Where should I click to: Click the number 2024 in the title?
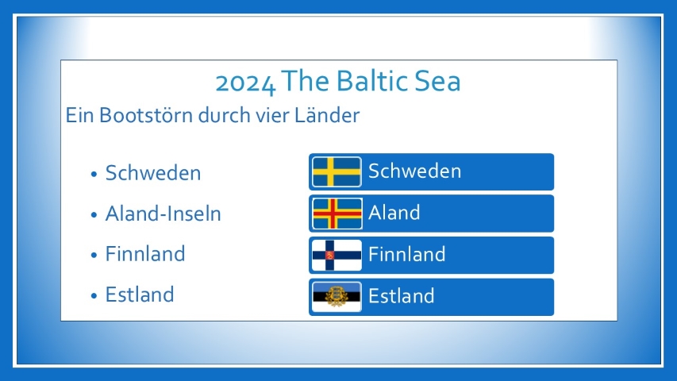coord(245,83)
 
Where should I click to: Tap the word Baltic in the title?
coord(371,81)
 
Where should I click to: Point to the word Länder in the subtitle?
coord(327,115)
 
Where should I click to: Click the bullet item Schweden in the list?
coord(153,173)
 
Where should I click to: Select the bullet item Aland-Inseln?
coord(163,214)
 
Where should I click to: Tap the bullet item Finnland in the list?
coord(145,253)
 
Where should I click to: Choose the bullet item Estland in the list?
coord(140,294)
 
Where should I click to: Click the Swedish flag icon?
coord(337,172)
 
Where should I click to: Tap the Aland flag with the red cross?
coord(337,214)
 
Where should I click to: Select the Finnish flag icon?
coord(337,255)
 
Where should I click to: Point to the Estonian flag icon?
coord(337,297)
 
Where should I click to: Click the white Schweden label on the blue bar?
coord(414,171)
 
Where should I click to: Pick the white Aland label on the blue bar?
coord(394,213)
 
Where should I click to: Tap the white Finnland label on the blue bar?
coord(406,254)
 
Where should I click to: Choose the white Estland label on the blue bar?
coord(401,296)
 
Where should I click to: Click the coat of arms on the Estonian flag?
coord(337,296)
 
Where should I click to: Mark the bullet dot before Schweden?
coord(94,174)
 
